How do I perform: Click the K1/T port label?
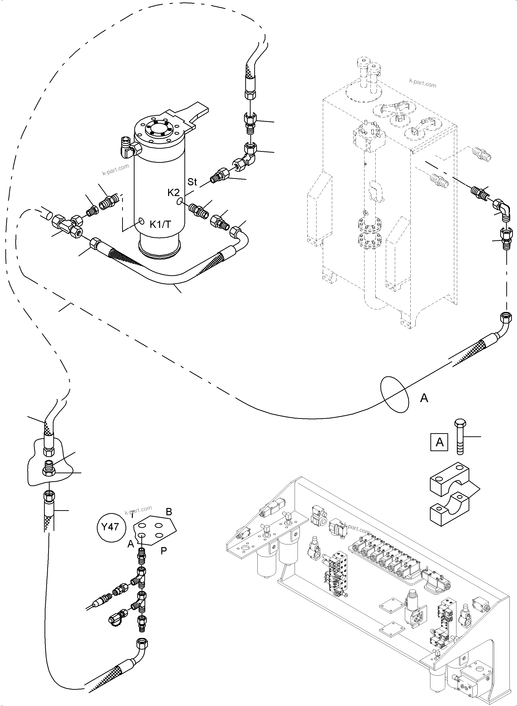160,224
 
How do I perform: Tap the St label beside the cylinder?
192,182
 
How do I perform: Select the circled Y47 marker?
110,527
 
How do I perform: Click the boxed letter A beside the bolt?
439,442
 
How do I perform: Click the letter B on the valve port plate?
169,512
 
